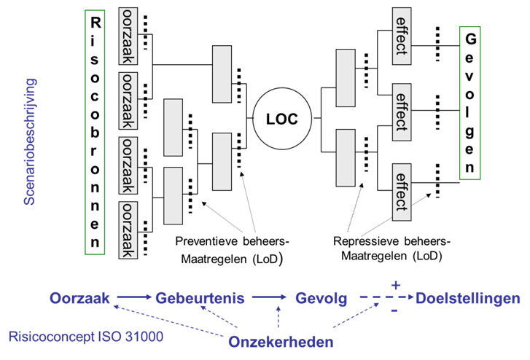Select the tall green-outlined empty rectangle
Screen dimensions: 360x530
click(95, 132)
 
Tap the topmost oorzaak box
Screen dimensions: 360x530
click(128, 37)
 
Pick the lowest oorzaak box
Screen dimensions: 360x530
click(128, 230)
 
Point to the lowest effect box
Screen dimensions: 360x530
click(400, 191)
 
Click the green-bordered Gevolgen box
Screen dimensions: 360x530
click(470, 103)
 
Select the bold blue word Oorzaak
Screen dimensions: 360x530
click(79, 298)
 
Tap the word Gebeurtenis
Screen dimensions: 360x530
click(200, 298)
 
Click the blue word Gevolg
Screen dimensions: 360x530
click(321, 298)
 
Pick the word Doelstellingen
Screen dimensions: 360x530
click(468, 298)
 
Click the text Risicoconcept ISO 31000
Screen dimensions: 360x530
click(86, 337)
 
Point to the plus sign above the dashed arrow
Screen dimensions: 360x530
click(396, 285)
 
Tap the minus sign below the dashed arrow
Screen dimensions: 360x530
click(394, 312)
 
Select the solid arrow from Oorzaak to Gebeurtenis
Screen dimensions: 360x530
click(132, 297)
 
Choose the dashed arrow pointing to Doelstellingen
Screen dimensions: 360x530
click(386, 298)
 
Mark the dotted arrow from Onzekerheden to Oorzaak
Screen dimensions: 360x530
click(168, 321)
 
